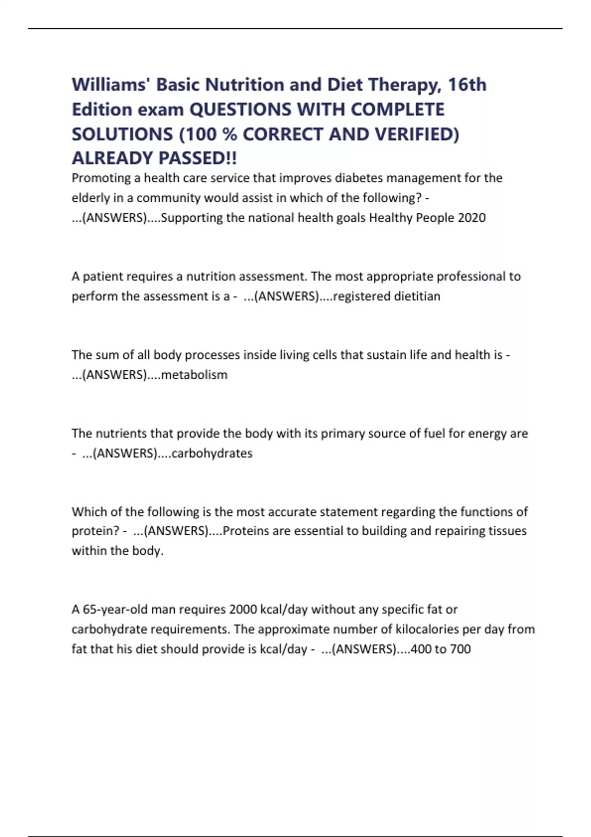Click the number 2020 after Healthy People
471,218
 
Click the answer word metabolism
195,375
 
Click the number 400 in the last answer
421,649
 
